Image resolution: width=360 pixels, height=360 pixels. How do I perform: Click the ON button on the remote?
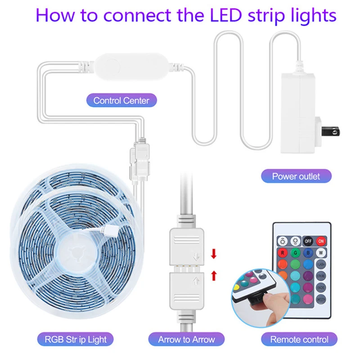pos(321,241)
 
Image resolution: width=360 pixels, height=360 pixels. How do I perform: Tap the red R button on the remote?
pos(282,253)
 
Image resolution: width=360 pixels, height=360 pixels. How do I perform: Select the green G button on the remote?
pos(295,253)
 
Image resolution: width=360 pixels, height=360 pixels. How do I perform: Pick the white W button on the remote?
pos(321,253)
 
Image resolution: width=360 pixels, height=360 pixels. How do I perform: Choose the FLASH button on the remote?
pos(321,265)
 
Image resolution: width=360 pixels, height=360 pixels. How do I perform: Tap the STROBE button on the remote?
pos(321,276)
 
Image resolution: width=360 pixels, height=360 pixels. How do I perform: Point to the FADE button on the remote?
pos(321,288)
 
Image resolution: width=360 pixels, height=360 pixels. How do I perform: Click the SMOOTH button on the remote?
pos(321,299)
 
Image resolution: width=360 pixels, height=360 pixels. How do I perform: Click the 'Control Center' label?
pos(121,100)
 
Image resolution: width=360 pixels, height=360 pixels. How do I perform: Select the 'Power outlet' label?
pos(296,176)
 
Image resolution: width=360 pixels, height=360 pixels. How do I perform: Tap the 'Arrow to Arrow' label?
pos(186,339)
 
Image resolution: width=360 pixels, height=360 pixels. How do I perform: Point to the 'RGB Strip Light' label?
pos(76,339)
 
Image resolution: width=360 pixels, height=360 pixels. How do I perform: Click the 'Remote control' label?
pos(299,339)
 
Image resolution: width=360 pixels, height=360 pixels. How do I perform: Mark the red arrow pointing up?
pos(214,274)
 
